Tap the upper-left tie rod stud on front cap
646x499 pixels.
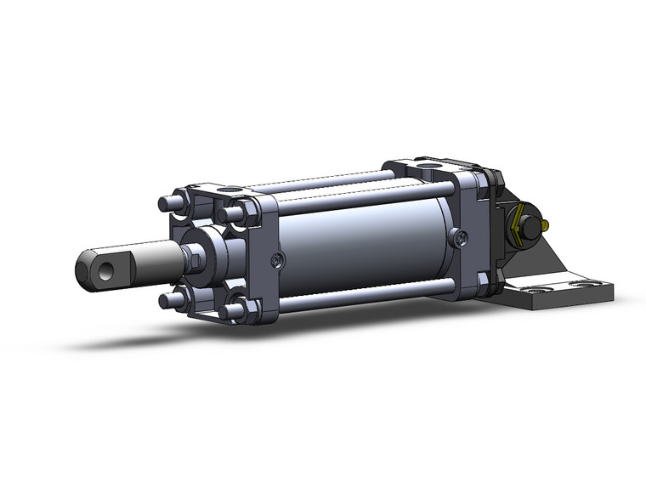(x=167, y=205)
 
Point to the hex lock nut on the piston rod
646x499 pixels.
(x=194, y=255)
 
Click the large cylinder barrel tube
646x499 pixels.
(x=365, y=247)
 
